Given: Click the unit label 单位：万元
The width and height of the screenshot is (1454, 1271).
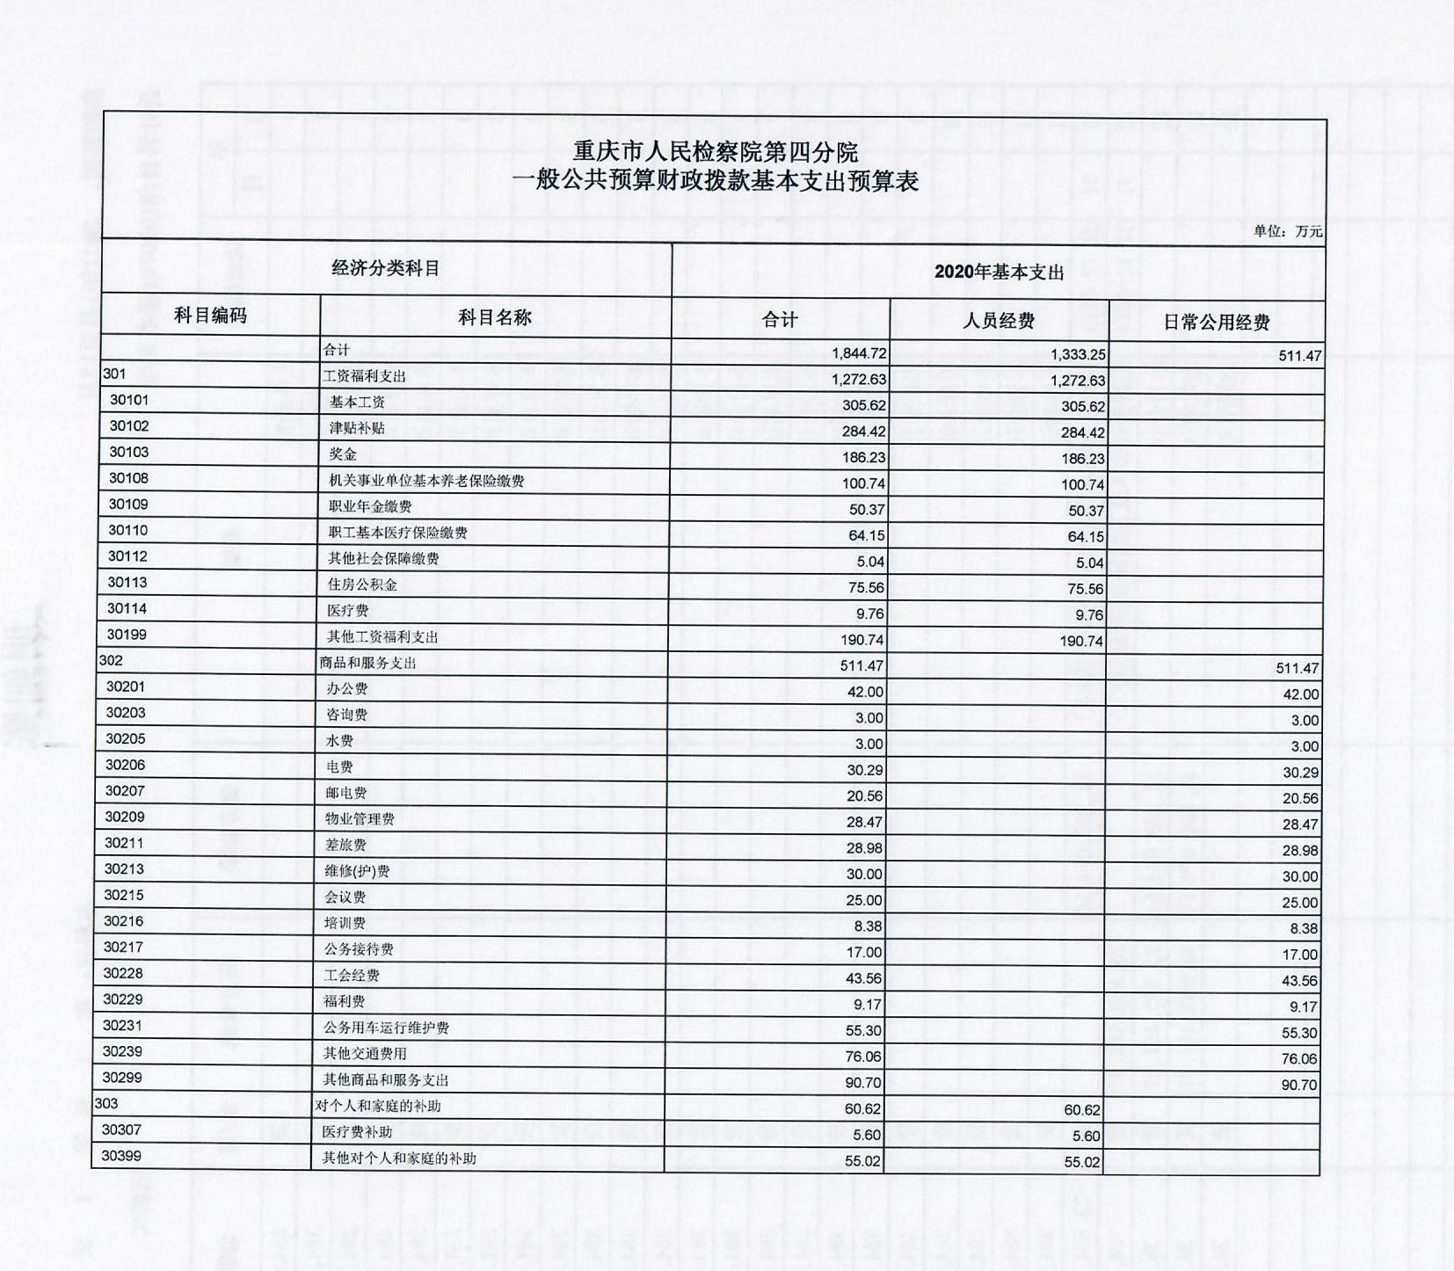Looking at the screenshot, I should point(1287,231).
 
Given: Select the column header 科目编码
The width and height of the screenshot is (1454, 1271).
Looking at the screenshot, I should point(210,316).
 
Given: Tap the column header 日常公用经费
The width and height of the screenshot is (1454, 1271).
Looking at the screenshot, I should point(1216,323).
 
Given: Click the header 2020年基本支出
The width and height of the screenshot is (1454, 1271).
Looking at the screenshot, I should point(999,272).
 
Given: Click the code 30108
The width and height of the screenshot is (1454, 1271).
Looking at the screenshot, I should point(128,478).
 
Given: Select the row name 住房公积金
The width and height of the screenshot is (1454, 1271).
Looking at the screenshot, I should point(362,585).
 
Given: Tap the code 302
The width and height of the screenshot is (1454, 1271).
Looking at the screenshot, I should point(111,660).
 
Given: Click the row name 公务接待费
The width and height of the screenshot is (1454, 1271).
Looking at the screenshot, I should point(359,949).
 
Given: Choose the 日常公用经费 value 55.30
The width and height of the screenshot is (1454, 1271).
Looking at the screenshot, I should point(1299,1033).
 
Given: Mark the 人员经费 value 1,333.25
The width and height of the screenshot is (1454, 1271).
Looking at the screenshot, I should point(1078,355).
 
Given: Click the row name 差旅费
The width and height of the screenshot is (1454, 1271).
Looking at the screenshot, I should point(345,845).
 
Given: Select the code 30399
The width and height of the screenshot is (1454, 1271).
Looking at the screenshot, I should point(121,1156).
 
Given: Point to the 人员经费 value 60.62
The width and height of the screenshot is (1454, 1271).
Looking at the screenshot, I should point(1081,1110).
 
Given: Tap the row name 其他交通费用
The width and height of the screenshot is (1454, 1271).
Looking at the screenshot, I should point(365,1054).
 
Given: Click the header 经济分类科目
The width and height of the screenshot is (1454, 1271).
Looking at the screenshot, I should point(385,268).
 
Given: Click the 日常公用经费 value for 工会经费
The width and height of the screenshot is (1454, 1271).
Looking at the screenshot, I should point(1299,981).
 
